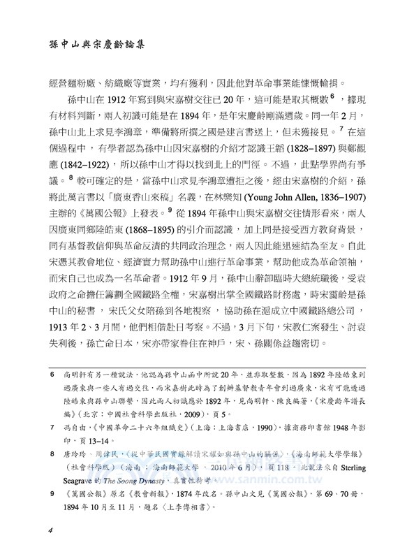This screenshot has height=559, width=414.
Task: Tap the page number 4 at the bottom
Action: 51,529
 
